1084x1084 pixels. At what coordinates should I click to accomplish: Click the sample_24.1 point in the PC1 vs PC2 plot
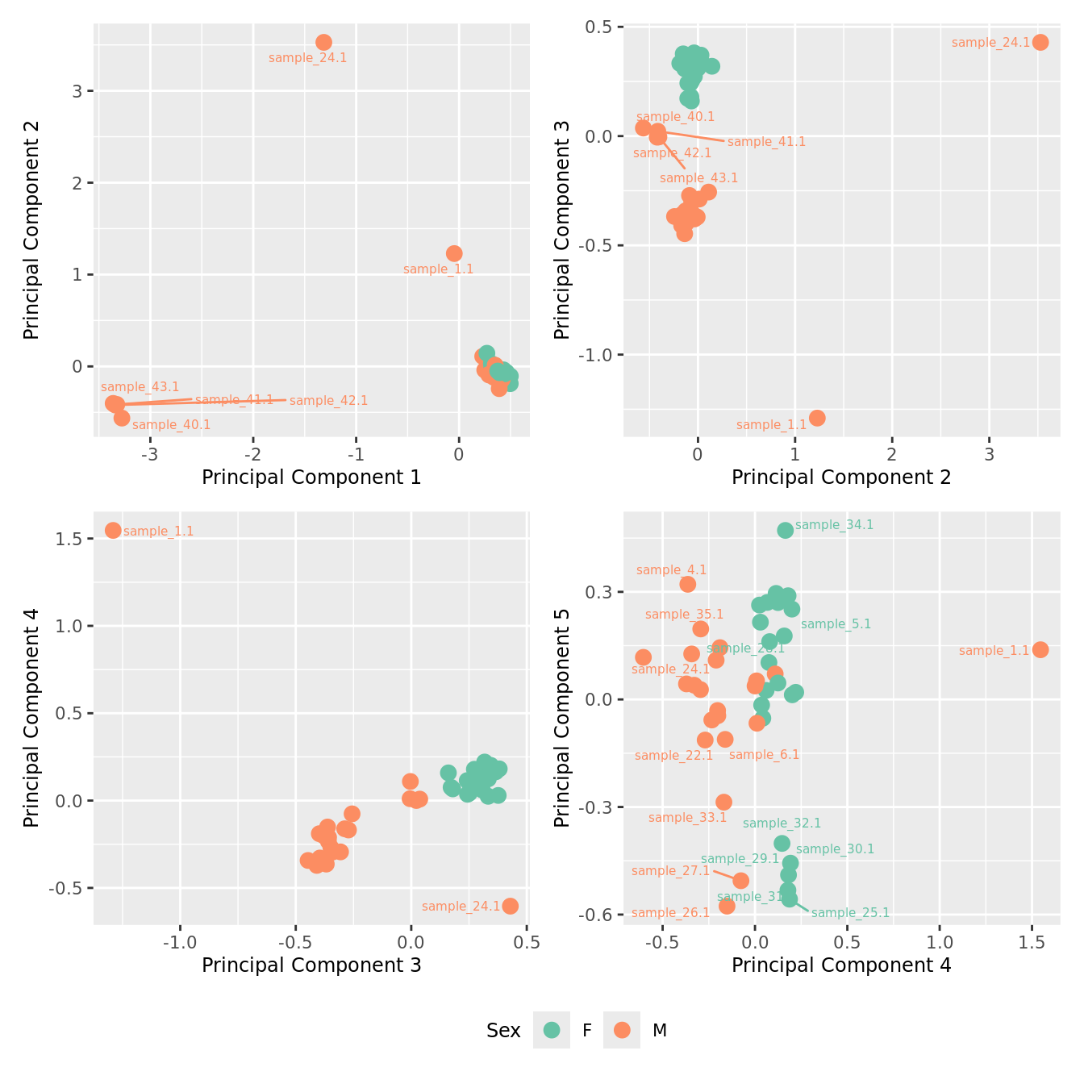pos(323,42)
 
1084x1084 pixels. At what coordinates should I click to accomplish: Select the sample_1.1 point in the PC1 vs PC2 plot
pos(454,253)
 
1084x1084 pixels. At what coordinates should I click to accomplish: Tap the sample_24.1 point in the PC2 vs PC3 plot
pos(1040,42)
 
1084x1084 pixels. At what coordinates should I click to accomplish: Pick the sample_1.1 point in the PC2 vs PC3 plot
pos(817,418)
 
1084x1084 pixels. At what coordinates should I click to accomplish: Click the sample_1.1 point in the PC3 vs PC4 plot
pos(113,530)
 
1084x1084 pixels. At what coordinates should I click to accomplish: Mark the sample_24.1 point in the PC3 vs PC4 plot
pos(510,906)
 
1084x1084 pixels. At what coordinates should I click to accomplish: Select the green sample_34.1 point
pos(785,530)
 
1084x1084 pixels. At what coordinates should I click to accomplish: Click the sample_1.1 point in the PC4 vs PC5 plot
pos(1040,649)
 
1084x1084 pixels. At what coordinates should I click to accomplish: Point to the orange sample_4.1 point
pos(687,584)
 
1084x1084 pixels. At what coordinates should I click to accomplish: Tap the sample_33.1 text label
pos(687,818)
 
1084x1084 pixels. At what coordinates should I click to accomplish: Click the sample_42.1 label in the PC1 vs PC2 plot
pos(328,401)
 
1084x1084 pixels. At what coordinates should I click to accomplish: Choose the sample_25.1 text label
pos(850,913)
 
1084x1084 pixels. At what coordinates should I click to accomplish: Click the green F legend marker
pos(552,1030)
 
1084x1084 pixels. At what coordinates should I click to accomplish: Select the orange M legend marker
pos(622,1030)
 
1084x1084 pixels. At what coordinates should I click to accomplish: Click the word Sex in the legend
pos(503,1031)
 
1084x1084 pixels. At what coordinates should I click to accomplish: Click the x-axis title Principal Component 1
pos(311,477)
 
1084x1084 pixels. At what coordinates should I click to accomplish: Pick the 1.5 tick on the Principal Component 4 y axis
pos(70,539)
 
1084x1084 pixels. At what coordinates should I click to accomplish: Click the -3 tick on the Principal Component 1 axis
pos(149,454)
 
